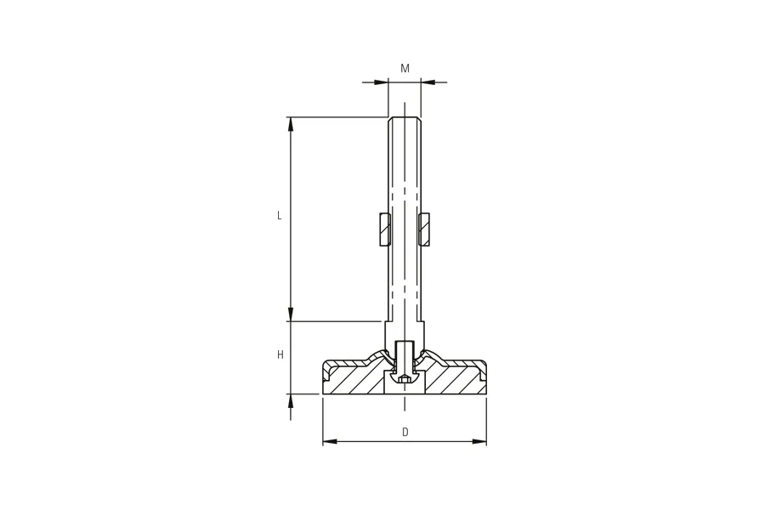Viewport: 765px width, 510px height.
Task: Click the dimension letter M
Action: click(x=405, y=68)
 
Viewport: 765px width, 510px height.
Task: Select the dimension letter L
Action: click(x=280, y=215)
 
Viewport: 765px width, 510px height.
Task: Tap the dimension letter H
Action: click(x=280, y=354)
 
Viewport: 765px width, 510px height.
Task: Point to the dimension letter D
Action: click(x=405, y=432)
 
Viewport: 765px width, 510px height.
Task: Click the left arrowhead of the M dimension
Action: click(x=381, y=82)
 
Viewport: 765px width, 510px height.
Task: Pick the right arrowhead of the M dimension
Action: click(x=428, y=82)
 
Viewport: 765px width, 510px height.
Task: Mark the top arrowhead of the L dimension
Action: click(x=291, y=124)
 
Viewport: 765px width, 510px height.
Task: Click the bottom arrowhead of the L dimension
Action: click(x=291, y=314)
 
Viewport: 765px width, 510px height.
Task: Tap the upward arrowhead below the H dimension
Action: click(x=291, y=401)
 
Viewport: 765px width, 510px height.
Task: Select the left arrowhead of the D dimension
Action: click(x=330, y=442)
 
